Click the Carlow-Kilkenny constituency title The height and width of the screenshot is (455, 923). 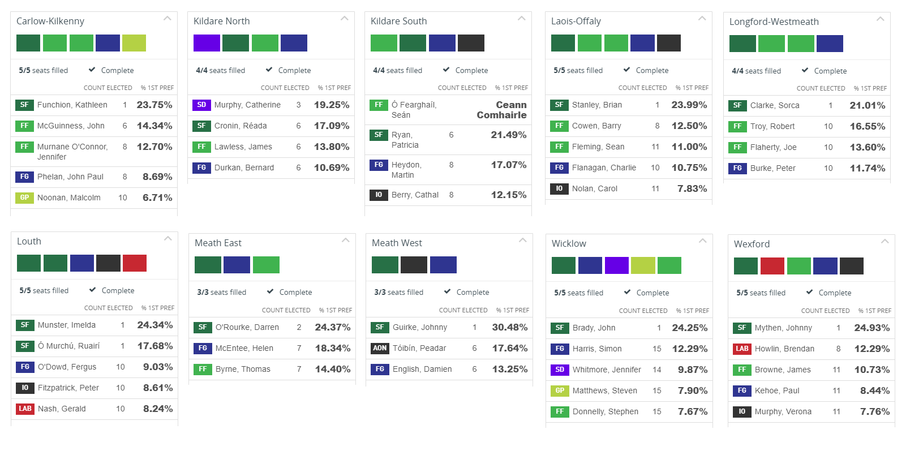click(x=50, y=21)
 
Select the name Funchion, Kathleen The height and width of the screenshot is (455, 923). click(x=72, y=105)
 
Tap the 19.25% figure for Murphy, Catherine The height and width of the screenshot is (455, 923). click(x=332, y=105)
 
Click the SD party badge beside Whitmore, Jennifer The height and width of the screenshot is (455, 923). click(x=560, y=370)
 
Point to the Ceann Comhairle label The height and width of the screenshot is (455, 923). click(x=501, y=110)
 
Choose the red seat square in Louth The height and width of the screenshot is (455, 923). click(x=135, y=263)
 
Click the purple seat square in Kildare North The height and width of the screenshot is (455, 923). click(x=207, y=43)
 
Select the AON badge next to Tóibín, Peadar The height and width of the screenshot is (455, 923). click(x=380, y=348)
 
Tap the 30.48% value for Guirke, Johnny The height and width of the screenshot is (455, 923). click(x=509, y=327)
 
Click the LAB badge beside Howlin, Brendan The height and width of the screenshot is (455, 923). click(x=742, y=349)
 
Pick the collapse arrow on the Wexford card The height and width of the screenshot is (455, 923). click(x=885, y=242)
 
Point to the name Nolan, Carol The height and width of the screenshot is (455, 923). click(x=594, y=188)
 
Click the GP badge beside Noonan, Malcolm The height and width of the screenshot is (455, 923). click(x=24, y=198)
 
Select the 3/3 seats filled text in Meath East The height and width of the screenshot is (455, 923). click(x=221, y=292)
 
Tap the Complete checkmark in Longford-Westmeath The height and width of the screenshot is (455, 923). click(x=805, y=70)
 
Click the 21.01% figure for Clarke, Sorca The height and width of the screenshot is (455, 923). click(x=867, y=105)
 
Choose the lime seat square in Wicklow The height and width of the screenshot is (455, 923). click(x=643, y=265)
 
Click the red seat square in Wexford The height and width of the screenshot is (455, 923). click(x=772, y=266)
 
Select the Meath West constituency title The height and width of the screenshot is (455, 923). click(x=397, y=243)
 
